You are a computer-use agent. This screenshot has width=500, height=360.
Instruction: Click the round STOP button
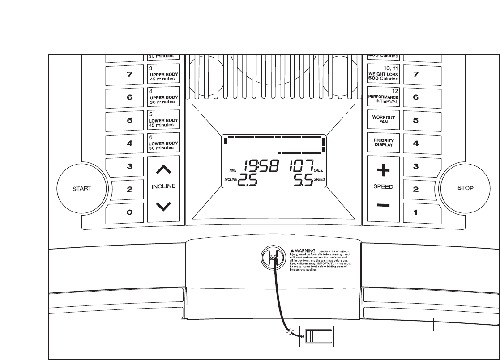465,188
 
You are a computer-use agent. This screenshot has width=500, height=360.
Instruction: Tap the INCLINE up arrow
164,169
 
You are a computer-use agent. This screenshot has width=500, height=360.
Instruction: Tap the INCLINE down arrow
164,206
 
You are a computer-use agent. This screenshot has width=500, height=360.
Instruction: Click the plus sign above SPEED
383,170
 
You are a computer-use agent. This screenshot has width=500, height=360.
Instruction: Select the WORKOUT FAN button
383,119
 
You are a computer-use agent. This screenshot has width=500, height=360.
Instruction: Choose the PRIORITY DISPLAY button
383,143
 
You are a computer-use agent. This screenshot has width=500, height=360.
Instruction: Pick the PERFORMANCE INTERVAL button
383,97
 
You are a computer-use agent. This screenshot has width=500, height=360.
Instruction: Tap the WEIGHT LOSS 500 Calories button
383,73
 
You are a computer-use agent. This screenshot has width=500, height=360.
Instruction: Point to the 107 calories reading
302,167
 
